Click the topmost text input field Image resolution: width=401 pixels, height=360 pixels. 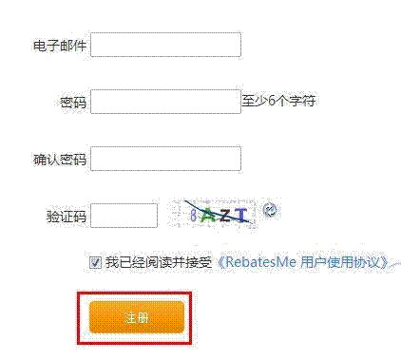[x=164, y=46]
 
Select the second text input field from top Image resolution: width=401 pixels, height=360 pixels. [x=164, y=102]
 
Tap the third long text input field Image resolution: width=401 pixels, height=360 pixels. [x=164, y=158]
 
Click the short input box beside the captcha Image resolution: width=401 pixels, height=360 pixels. [x=124, y=214]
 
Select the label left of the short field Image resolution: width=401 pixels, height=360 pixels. [x=67, y=214]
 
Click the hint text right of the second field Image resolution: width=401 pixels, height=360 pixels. [x=279, y=97]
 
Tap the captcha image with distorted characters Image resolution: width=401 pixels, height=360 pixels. [x=215, y=214]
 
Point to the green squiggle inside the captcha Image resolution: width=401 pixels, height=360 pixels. [x=207, y=217]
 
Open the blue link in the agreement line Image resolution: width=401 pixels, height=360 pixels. [x=304, y=259]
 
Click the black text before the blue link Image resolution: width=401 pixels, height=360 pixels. [x=152, y=259]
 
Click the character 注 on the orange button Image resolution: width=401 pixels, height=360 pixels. [x=130, y=316]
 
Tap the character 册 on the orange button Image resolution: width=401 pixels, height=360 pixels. [x=143, y=316]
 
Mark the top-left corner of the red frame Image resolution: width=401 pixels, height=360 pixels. [x=79, y=292]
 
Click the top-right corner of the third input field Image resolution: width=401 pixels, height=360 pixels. [x=239, y=145]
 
